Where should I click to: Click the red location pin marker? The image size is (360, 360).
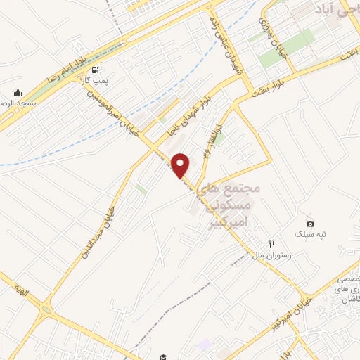click(181, 165)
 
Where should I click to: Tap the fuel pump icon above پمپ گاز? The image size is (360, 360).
click(94, 70)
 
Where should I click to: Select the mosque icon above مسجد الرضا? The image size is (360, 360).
click(18, 91)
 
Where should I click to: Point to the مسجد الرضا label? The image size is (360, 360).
click(18, 103)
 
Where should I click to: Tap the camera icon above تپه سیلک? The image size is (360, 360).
click(311, 224)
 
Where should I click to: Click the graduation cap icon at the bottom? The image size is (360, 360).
click(162, 358)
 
